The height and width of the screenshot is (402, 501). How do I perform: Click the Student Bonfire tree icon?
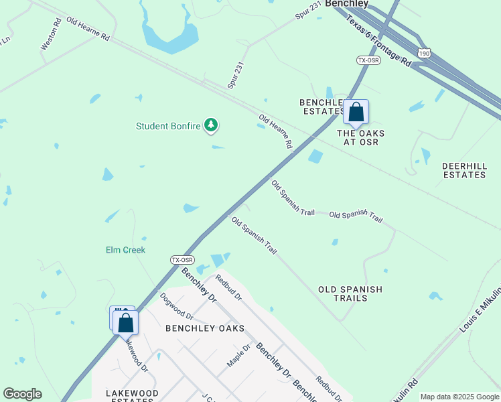tap(212, 125)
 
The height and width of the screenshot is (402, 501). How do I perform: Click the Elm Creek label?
tap(125, 250)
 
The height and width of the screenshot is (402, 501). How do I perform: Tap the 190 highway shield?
tap(423, 53)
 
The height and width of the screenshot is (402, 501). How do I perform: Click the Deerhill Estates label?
tap(464, 170)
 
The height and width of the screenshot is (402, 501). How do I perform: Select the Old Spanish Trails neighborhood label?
tap(350, 293)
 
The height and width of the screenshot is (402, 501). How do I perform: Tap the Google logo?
tap(22, 394)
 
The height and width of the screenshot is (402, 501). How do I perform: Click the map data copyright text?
tap(459, 397)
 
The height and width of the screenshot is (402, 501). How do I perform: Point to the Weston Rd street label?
tap(51, 34)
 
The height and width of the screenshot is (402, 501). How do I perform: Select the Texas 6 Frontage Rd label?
tap(379, 41)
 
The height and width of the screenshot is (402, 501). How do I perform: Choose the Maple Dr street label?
tap(238, 355)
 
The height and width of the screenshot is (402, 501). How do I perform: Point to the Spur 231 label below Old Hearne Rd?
tap(236, 76)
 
